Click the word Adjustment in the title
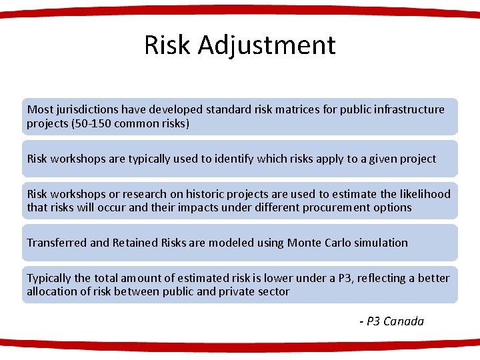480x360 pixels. [267, 45]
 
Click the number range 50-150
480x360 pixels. [92, 123]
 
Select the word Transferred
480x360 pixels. [56, 243]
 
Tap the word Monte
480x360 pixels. [304, 243]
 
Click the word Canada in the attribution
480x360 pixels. [403, 321]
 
